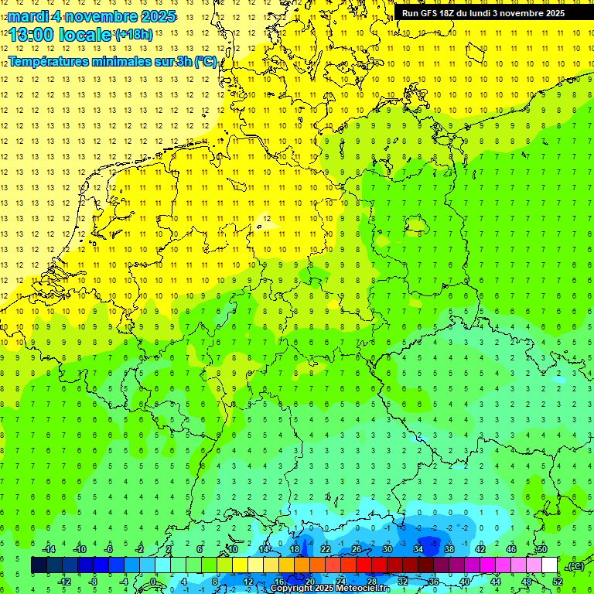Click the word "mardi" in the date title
29,16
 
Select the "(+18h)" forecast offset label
133,35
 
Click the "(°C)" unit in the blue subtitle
205,62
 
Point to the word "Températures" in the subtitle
49,62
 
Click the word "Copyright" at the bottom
291,589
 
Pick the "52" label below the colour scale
557,582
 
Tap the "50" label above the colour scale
541,549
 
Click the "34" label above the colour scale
418,549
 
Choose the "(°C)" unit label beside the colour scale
575,566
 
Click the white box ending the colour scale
549,565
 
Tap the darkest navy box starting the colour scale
39,565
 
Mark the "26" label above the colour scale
357,549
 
